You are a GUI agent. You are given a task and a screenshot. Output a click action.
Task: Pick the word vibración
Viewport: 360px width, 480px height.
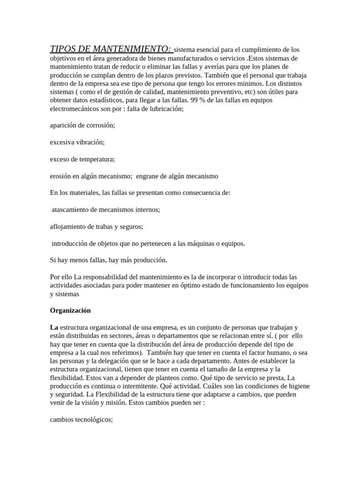(x=90, y=142)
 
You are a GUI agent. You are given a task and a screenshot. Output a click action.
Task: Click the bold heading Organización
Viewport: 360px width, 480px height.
(x=71, y=311)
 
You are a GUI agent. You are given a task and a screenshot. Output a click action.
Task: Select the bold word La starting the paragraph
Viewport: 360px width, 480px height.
(x=54, y=328)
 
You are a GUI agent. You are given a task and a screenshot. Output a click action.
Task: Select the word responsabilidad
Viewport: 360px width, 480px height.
(x=112, y=277)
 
